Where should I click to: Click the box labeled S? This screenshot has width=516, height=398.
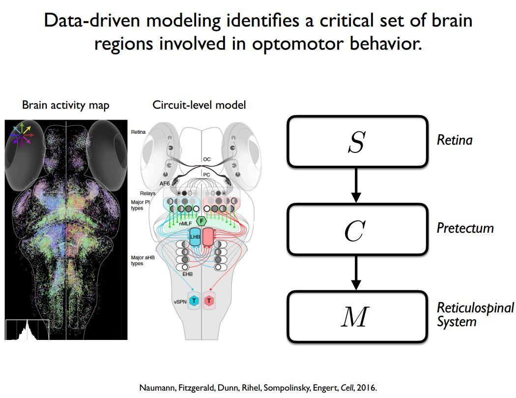(x=357, y=142)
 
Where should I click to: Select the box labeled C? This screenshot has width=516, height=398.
(x=357, y=229)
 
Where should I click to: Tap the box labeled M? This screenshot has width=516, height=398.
(x=357, y=317)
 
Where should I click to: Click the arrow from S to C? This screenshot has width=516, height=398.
(x=357, y=185)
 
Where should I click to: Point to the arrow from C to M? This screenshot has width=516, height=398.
(x=357, y=273)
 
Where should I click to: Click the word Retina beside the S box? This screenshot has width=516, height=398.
(x=455, y=140)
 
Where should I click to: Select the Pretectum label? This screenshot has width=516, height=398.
(x=465, y=228)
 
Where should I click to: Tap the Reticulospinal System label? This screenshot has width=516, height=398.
(x=475, y=315)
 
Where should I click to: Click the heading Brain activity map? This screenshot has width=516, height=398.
(x=66, y=105)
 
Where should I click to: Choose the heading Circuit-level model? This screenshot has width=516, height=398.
(x=199, y=105)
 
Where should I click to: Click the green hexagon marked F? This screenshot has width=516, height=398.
(x=201, y=221)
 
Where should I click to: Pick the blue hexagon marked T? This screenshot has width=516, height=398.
(x=194, y=301)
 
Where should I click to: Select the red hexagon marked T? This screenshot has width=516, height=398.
(x=209, y=301)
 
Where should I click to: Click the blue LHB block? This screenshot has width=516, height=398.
(x=195, y=237)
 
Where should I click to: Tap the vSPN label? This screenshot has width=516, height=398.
(x=180, y=301)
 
